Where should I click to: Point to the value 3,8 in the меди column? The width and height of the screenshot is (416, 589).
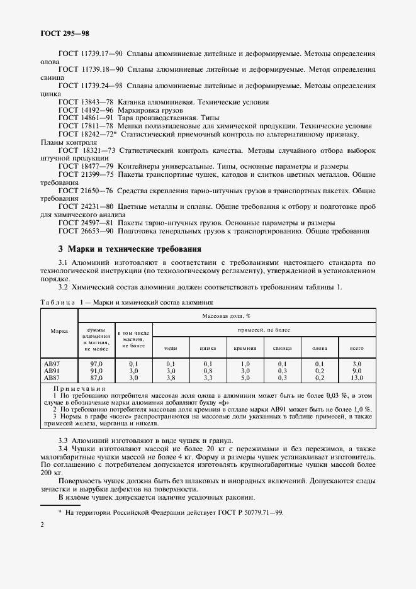click(x=171, y=378)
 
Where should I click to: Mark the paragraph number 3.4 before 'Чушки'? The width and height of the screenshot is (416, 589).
click(x=63, y=449)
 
